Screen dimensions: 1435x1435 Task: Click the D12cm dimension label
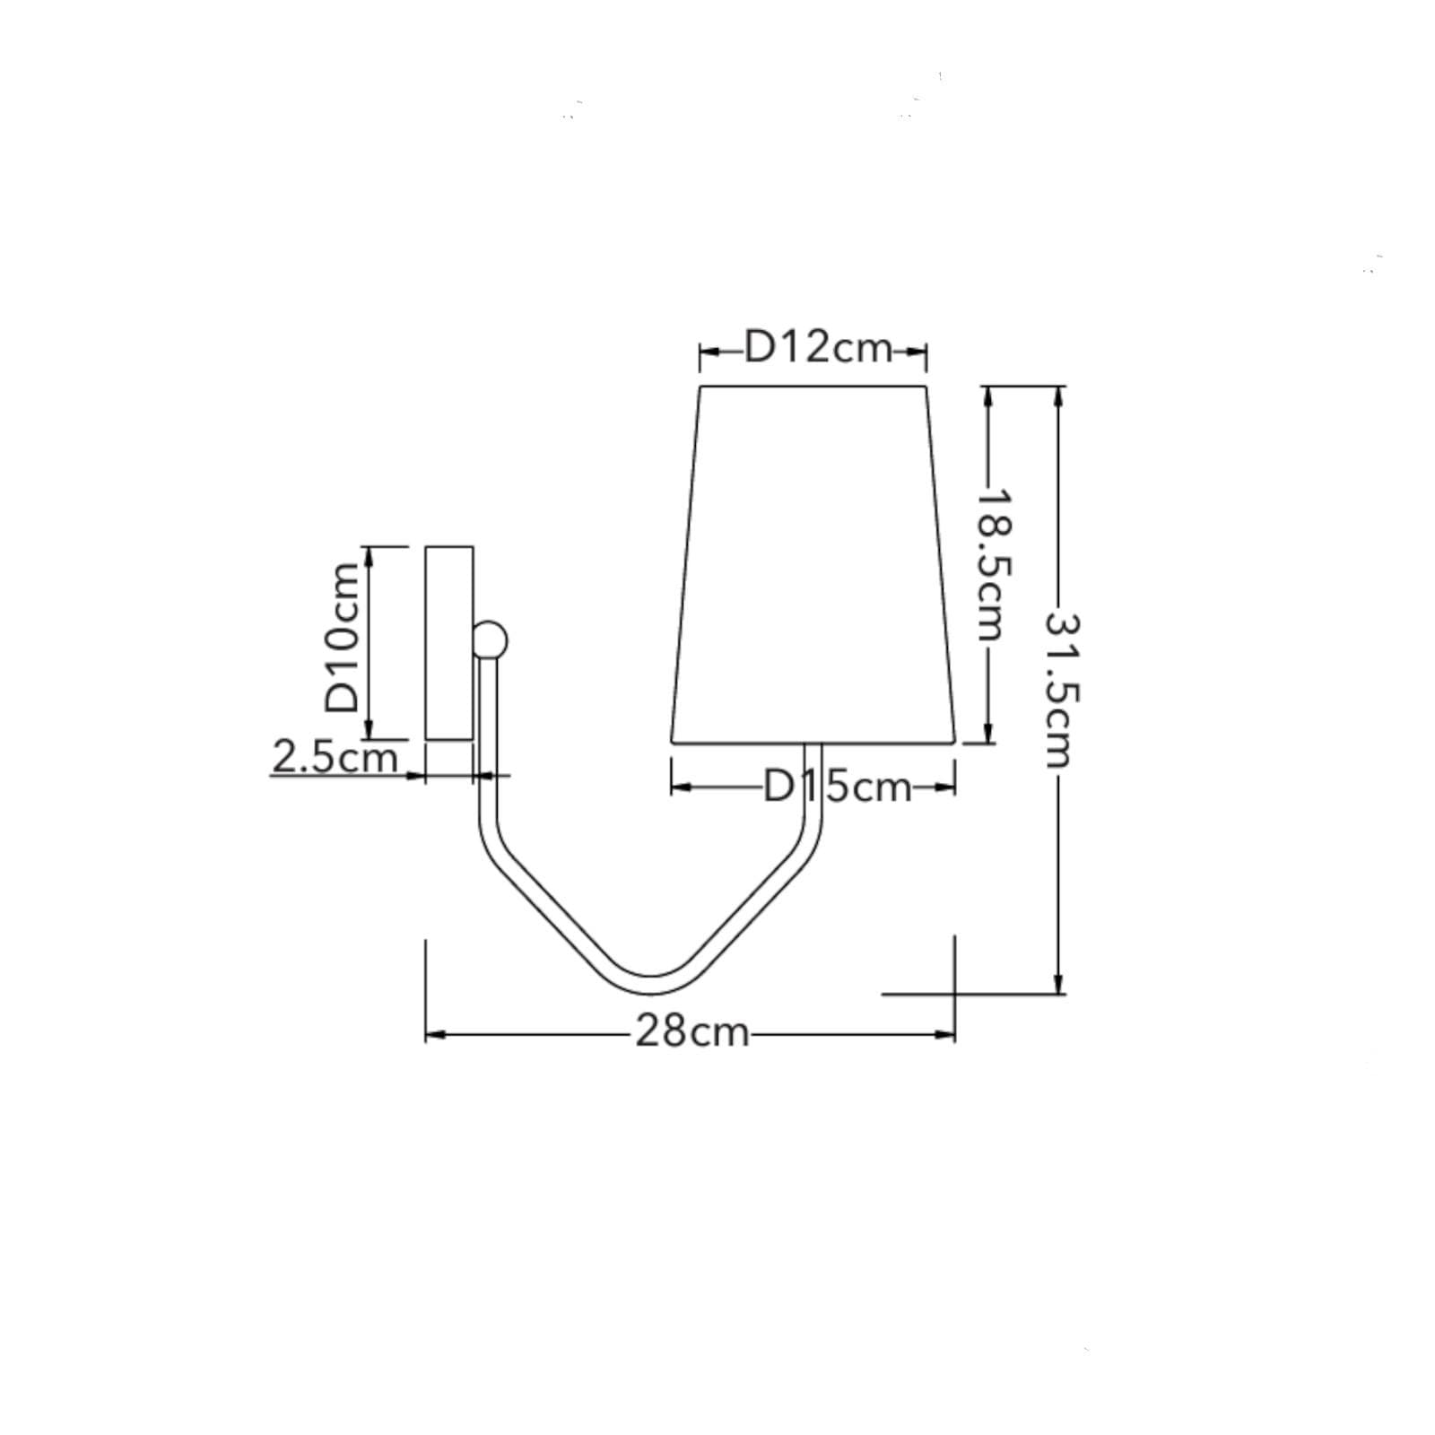(x=818, y=348)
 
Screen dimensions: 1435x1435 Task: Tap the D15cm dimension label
(x=837, y=787)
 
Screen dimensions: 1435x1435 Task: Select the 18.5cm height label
(x=992, y=564)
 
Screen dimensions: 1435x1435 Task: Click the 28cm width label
(x=691, y=1031)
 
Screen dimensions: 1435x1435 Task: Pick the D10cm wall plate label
(x=344, y=637)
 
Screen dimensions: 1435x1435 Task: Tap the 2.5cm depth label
(x=335, y=758)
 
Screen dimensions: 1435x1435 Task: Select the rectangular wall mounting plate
(x=449, y=643)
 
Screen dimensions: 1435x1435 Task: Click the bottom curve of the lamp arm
(x=652, y=985)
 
